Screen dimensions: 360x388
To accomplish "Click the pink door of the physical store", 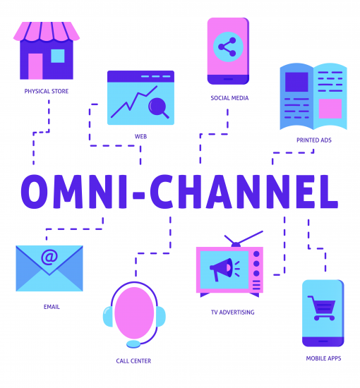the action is [x=35, y=66].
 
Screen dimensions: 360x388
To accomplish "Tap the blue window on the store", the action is [x=58, y=56].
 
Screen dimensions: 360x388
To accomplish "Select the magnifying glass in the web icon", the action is [x=158, y=108].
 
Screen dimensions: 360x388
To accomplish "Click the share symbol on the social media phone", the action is [x=227, y=47].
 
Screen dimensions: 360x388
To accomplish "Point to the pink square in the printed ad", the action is [x=330, y=109].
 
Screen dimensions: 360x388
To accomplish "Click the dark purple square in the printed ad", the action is [x=296, y=82].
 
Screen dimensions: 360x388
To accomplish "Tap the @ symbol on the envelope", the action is [x=49, y=257].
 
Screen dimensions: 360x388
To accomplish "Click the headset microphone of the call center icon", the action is [x=133, y=344].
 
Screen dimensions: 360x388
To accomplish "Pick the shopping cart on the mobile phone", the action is [x=322, y=308].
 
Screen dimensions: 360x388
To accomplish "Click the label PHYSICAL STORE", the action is [x=47, y=91].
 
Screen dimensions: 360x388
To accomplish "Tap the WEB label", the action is [x=140, y=136].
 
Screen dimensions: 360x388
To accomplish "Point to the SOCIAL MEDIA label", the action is [x=229, y=98].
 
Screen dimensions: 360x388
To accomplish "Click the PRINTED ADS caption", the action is [x=314, y=140].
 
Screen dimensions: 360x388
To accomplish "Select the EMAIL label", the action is [x=52, y=307].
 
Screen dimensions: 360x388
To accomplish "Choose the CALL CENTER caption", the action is [x=133, y=361].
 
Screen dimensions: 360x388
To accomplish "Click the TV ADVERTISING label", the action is [x=232, y=313].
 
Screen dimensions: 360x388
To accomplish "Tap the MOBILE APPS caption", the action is [x=323, y=358].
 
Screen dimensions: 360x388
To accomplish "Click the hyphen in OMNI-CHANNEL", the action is [x=138, y=195].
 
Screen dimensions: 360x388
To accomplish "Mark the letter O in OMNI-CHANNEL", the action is [x=34, y=191].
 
